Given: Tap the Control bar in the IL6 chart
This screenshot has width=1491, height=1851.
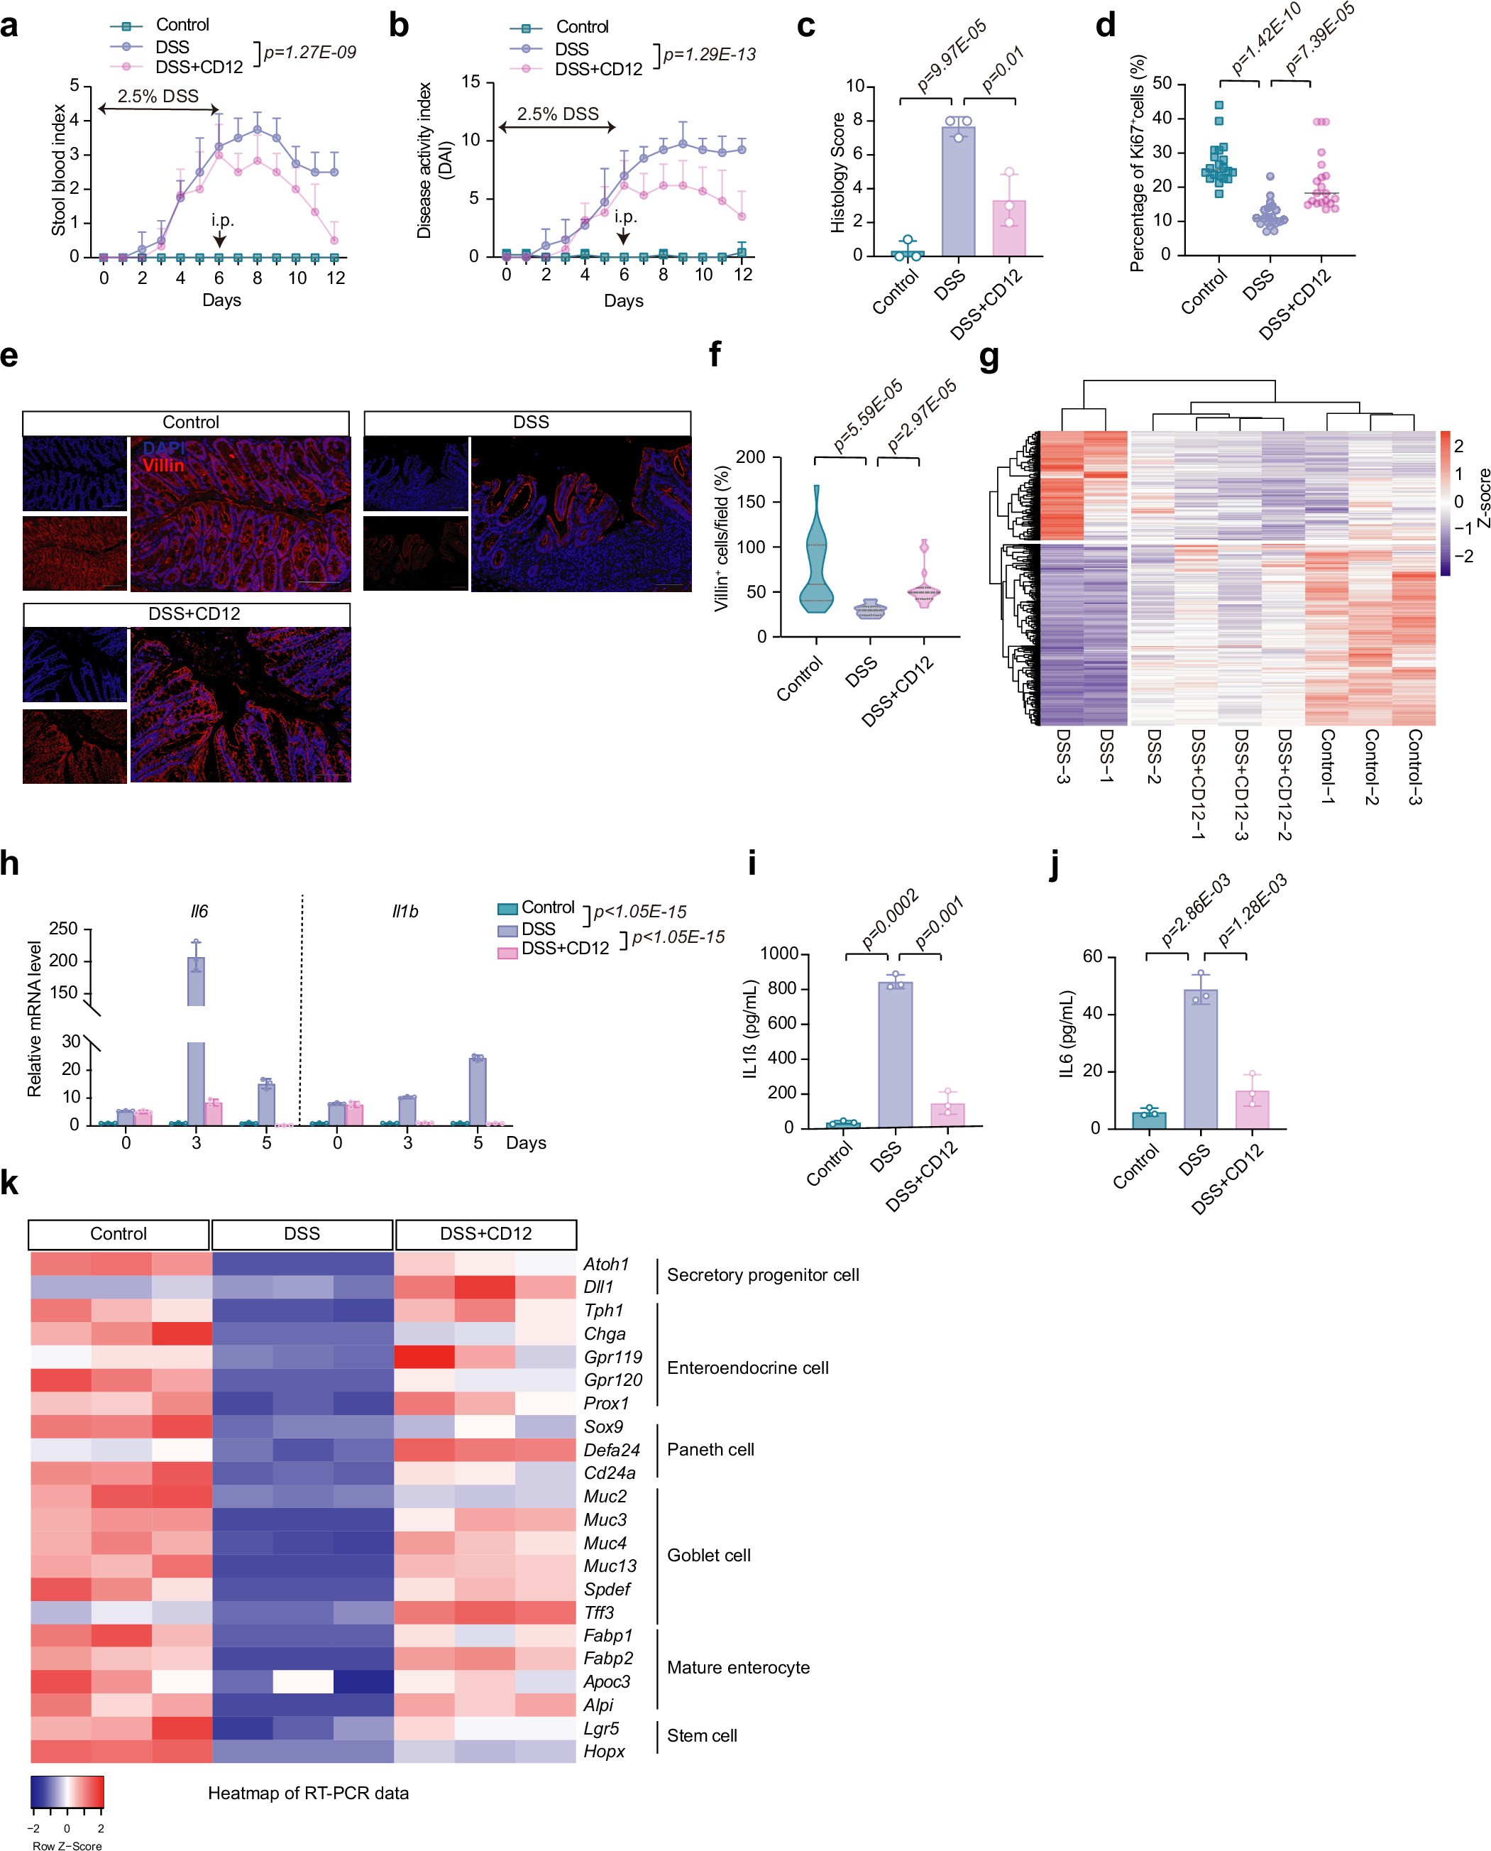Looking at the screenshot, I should (1148, 1120).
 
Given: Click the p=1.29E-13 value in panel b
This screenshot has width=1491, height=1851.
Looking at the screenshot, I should (710, 55).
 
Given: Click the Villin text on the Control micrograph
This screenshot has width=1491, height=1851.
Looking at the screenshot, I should (163, 465).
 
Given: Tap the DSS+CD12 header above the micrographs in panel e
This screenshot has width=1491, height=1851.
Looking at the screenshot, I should (187, 613).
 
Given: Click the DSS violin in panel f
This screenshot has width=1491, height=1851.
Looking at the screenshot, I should (870, 609).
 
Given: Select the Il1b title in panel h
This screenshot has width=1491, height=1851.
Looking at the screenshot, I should (405, 911).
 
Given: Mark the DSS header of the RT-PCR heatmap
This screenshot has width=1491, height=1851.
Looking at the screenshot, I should (302, 1233).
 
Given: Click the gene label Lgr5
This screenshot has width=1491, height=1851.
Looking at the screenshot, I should (601, 1728).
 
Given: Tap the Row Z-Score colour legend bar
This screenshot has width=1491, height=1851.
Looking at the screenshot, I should (67, 1793).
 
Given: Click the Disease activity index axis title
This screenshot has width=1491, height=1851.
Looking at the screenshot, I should (424, 160).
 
